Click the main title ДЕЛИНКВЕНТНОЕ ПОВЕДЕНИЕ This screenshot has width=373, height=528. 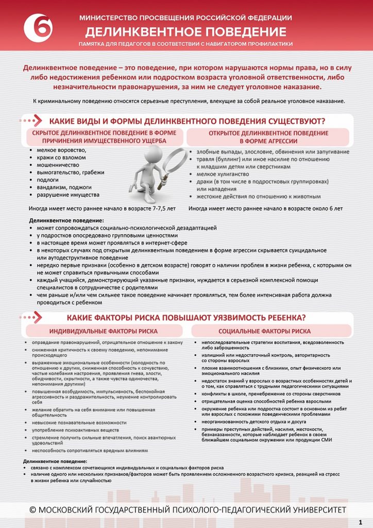pos(185,32)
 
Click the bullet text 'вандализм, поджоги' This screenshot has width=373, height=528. pos(64,187)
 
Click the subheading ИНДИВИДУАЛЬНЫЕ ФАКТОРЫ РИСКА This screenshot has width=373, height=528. pos(104,331)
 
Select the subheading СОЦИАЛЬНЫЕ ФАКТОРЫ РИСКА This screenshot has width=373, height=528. pos(264,331)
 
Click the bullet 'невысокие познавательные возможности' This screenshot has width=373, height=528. pos(79,422)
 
